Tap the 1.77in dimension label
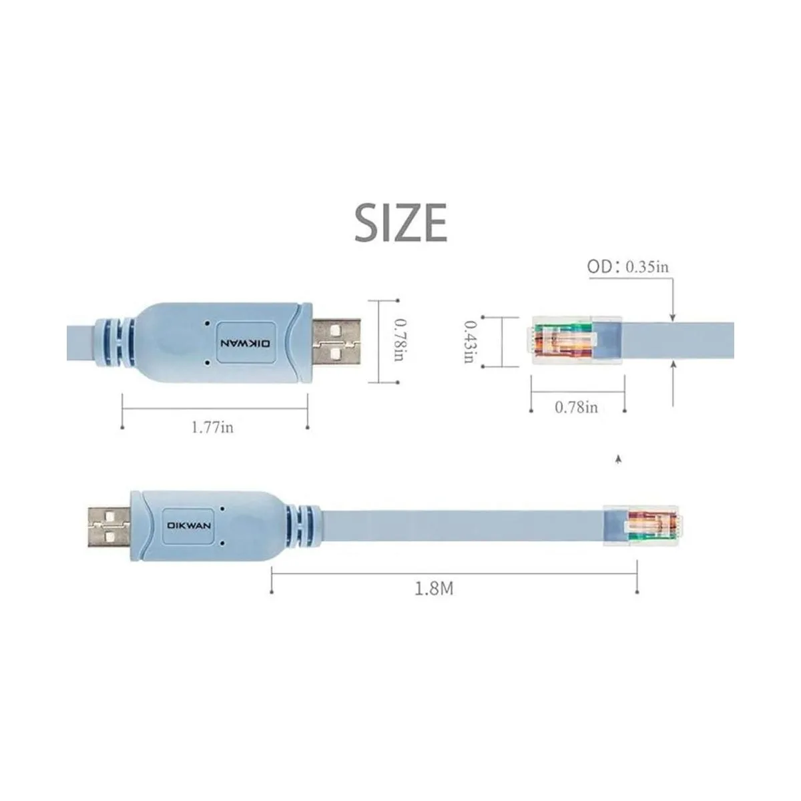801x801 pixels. click(x=212, y=427)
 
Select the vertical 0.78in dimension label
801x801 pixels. click(x=398, y=342)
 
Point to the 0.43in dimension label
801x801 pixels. click(x=469, y=341)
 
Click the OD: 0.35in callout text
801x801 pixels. click(x=627, y=267)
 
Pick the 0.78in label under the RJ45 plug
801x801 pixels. click(x=576, y=407)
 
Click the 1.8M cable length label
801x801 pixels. click(x=434, y=589)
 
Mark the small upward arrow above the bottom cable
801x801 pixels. click(x=619, y=459)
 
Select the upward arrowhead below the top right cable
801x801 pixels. click(x=673, y=364)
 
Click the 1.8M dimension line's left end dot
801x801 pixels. click(x=271, y=591)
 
